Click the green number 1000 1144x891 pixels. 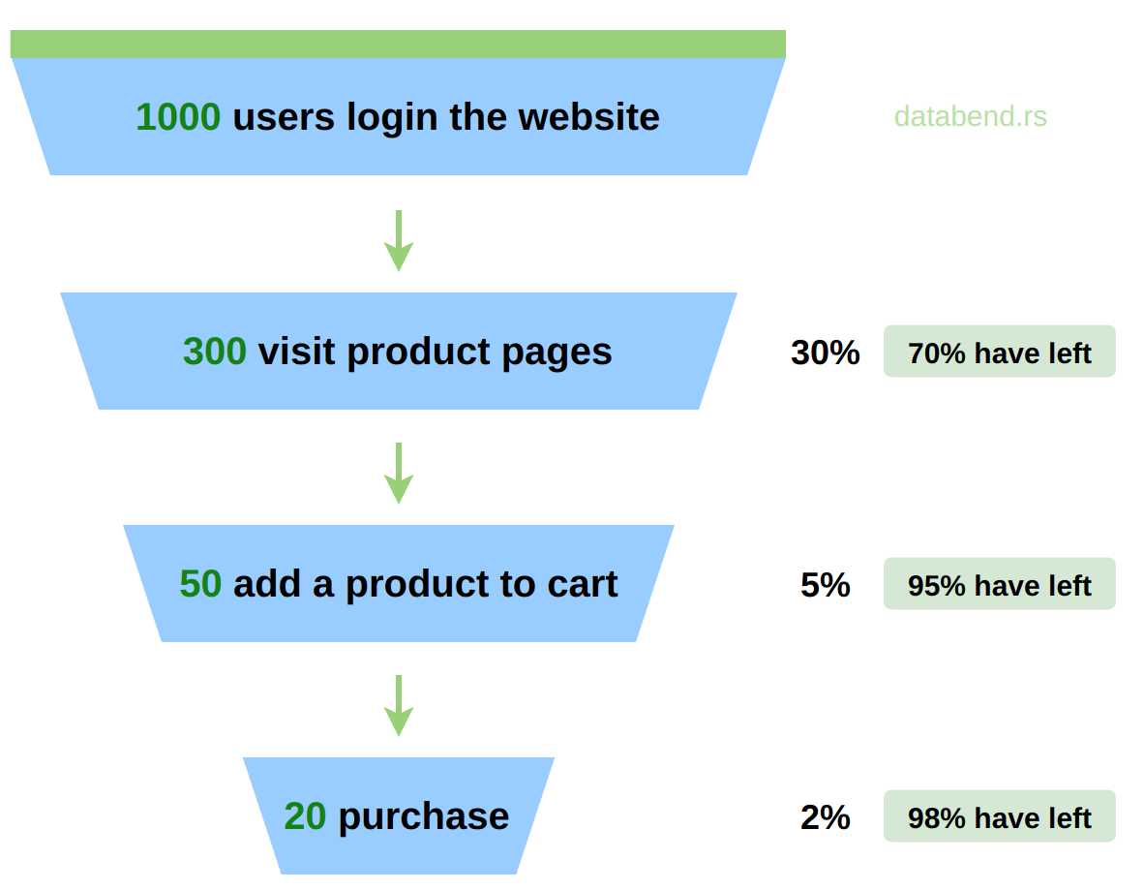pyautogui.click(x=178, y=117)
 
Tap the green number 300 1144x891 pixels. pyautogui.click(x=215, y=352)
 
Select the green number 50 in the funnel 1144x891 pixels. pyautogui.click(x=200, y=584)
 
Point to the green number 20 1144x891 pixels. pyautogui.click(x=305, y=815)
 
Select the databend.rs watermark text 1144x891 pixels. pyautogui.click(x=971, y=117)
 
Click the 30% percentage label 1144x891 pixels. pyautogui.click(x=826, y=353)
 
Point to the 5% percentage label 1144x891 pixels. pyautogui.click(x=826, y=585)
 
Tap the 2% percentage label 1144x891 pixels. pyautogui.click(x=826, y=817)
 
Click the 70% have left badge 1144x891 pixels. pyautogui.click(x=1000, y=352)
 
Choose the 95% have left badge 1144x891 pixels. pyautogui.click(x=1000, y=584)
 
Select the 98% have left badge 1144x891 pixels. pyautogui.click(x=1000, y=815)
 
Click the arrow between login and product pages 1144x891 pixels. pyautogui.click(x=399, y=241)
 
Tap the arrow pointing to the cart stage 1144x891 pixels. pyautogui.click(x=399, y=474)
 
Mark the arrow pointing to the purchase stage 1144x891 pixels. pyautogui.click(x=399, y=705)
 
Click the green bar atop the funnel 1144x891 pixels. pyautogui.click(x=399, y=44)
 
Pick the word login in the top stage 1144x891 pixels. pyautogui.click(x=392, y=118)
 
